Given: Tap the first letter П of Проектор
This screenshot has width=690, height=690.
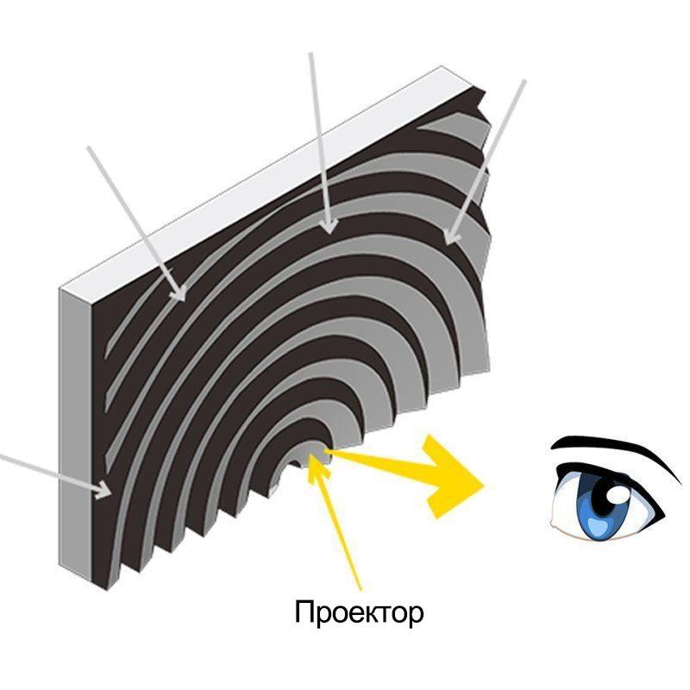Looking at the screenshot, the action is click(x=304, y=612).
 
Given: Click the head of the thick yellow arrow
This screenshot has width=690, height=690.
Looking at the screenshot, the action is click(x=454, y=478).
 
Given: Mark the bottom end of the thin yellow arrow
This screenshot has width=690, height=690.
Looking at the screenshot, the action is click(x=360, y=589).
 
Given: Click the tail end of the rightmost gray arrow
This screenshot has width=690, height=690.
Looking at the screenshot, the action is click(x=524, y=81).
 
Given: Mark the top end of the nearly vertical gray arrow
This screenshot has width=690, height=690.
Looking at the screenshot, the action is click(x=310, y=54).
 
